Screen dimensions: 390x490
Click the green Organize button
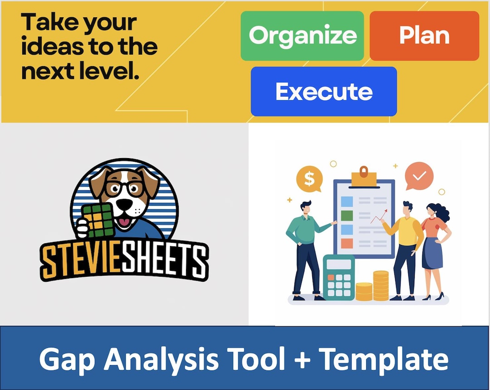[x=302, y=36]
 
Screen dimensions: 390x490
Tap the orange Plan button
[x=424, y=36]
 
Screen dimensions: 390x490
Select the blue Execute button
[x=323, y=91]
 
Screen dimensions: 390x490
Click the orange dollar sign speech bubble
[x=309, y=179]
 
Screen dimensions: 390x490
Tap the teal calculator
[x=338, y=277]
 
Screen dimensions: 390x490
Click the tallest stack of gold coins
[x=381, y=285]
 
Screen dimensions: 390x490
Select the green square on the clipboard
[x=347, y=215]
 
